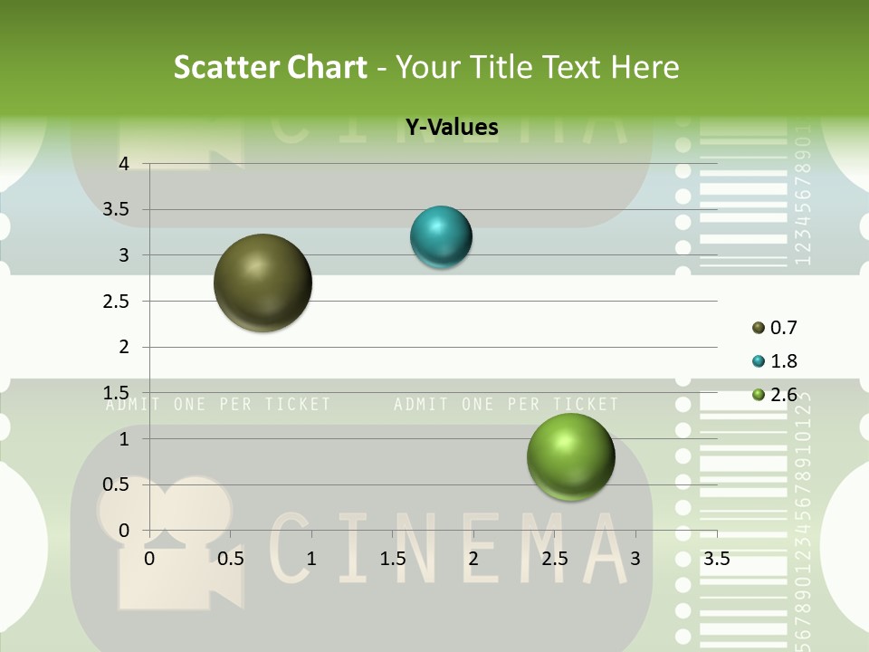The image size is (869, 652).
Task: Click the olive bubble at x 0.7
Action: [263, 283]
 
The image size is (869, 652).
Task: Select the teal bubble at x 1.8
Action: [441, 237]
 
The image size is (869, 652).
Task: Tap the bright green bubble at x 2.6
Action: [570, 456]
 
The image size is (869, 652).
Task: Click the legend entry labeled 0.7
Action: [774, 328]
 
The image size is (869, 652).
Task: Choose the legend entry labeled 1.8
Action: [774, 361]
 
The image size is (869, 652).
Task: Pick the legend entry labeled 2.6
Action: [774, 394]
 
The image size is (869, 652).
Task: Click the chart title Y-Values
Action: [451, 128]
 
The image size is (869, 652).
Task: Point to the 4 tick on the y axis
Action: [124, 164]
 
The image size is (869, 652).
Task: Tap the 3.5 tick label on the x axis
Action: [716, 559]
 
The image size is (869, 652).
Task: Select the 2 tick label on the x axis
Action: [473, 559]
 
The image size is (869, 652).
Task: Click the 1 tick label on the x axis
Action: [311, 559]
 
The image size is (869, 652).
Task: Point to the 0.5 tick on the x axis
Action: [231, 559]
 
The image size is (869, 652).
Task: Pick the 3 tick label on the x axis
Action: [635, 559]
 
